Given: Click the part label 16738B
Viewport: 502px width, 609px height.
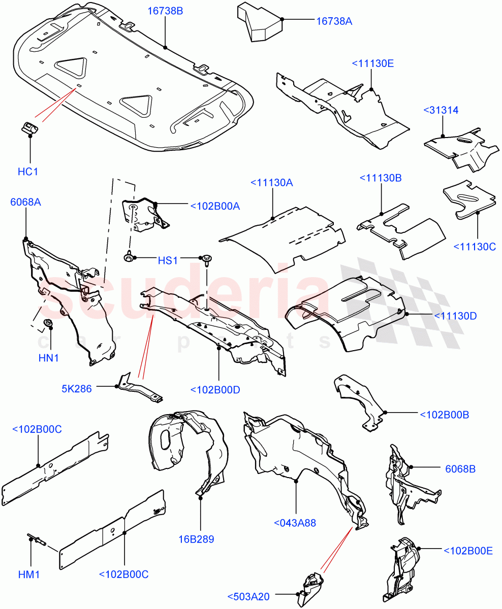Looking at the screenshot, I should pos(165,11).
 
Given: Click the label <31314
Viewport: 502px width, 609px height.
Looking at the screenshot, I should pos(441,110).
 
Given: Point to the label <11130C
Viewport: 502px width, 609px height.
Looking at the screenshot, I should pos(475,247).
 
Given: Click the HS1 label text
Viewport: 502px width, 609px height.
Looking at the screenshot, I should pos(168,260).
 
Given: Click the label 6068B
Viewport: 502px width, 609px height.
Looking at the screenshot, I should pos(460,469).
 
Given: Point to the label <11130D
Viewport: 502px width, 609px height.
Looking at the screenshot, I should pos(455,316).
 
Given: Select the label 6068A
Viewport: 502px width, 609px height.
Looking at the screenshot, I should pos(25,202).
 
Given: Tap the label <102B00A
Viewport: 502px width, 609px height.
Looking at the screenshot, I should pos(215,206).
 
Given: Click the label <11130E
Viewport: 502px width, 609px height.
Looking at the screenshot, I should pos(372,63).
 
